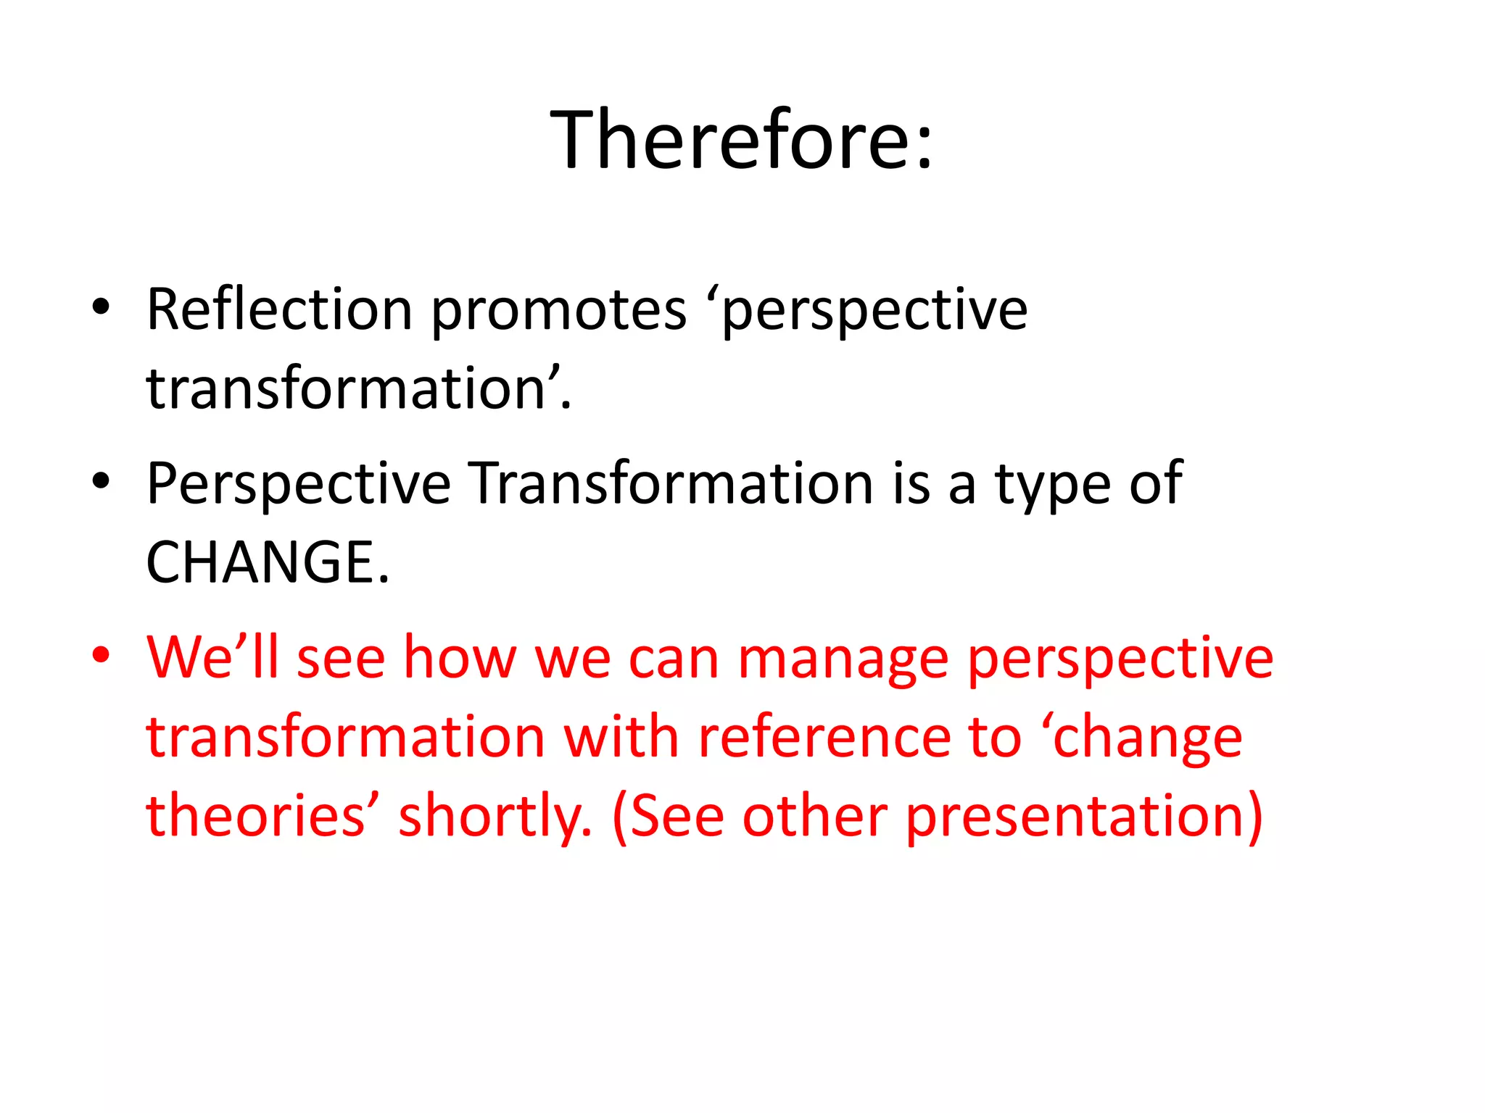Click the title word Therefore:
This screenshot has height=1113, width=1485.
741,139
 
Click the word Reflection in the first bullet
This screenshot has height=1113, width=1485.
279,310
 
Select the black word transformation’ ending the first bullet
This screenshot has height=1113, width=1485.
358,389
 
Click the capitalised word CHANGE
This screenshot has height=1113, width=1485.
267,563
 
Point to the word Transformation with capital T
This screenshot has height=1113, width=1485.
671,483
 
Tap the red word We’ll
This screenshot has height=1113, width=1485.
212,657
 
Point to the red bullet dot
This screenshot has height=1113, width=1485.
101,654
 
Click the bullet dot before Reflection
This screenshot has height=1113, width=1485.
101,307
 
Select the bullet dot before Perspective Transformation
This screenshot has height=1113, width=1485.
101,480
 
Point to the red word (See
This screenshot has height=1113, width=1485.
668,817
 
